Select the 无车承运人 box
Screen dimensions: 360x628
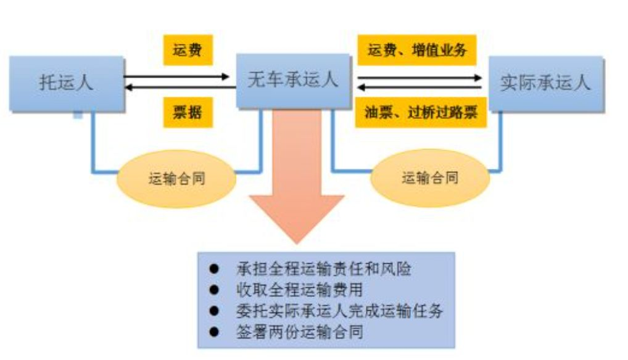pyautogui.click(x=293, y=80)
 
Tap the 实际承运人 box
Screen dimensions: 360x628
pyautogui.click(x=545, y=83)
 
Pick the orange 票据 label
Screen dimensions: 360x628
pyautogui.click(x=188, y=113)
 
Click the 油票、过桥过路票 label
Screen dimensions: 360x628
pyautogui.click(x=420, y=113)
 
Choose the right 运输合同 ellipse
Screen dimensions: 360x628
pyautogui.click(x=430, y=178)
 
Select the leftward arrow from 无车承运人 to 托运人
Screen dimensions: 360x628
pyautogui.click(x=179, y=88)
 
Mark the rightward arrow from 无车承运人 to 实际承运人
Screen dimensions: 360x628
pyautogui.click(x=419, y=78)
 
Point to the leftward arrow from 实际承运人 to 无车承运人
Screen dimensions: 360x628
pyautogui.click(x=419, y=88)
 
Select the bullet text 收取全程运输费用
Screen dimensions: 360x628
pyautogui.click(x=299, y=289)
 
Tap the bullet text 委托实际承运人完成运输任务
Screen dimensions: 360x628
pyautogui.click(x=339, y=310)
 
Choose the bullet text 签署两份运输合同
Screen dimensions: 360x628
pyautogui.click(x=299, y=331)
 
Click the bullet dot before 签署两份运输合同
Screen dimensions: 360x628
pyautogui.click(x=214, y=332)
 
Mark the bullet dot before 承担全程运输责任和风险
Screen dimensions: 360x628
pyautogui.click(x=214, y=269)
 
